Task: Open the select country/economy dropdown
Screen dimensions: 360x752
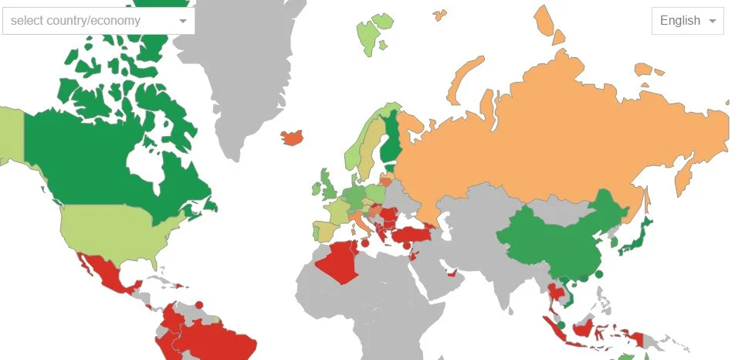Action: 98,21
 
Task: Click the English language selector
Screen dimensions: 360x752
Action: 687,21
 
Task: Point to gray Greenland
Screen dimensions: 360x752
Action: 239,85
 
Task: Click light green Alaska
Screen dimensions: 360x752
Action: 9,135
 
